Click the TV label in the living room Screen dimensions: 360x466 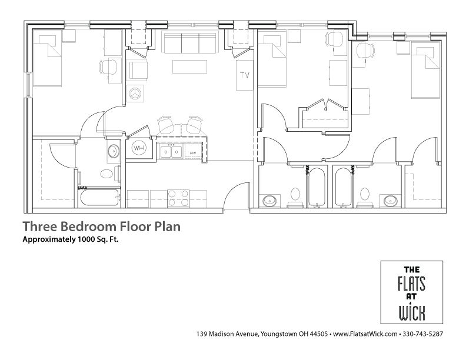[x=244, y=75]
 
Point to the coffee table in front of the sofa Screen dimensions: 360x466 [x=189, y=65]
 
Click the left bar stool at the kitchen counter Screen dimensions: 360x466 [x=166, y=125]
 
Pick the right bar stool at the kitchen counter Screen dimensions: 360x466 [x=194, y=125]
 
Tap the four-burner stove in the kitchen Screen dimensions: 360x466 [x=178, y=198]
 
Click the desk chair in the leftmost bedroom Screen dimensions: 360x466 [x=109, y=67]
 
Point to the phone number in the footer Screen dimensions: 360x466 [x=423, y=335]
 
